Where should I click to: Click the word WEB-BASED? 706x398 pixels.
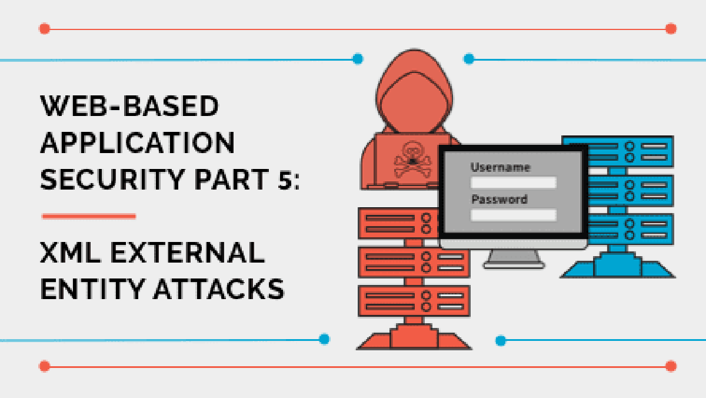pos(129,107)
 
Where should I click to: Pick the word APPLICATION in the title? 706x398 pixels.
pos(137,143)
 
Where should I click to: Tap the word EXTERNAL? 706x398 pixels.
pos(194,254)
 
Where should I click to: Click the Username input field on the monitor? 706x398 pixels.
pos(513,183)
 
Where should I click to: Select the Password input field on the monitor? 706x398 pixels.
pos(513,215)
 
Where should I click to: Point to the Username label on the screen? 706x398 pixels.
pos(500,168)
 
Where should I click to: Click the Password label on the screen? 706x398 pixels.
pos(499,200)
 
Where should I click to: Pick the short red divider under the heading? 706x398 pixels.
pos(89,216)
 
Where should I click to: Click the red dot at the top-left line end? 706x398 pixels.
pos(44,28)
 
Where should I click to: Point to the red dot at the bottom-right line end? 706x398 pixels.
pos(671,366)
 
